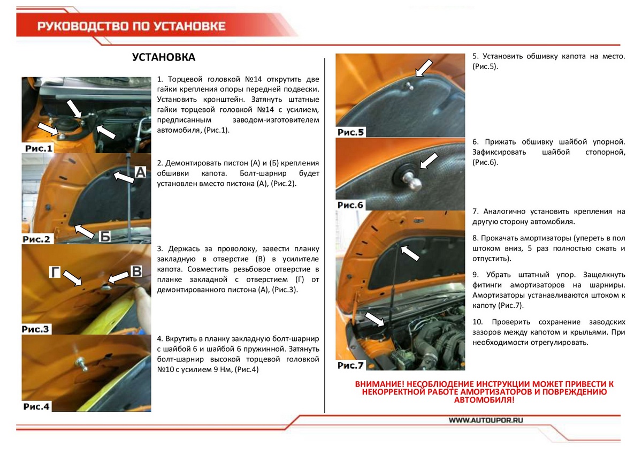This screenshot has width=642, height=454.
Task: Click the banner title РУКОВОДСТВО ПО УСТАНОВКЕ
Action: click(131, 27)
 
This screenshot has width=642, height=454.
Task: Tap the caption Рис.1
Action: click(38, 148)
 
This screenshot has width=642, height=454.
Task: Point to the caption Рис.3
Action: click(36, 329)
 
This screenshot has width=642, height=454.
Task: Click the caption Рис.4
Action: click(36, 406)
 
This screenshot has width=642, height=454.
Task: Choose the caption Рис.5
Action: click(351, 132)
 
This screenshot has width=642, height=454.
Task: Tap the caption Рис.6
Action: click(351, 205)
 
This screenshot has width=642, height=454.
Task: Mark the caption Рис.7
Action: click(351, 366)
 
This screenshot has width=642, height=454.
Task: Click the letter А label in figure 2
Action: click(140, 172)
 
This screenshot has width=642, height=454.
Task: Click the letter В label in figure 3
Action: click(136, 271)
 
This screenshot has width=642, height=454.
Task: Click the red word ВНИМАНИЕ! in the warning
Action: click(379, 384)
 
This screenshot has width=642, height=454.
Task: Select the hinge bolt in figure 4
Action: click(82, 364)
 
